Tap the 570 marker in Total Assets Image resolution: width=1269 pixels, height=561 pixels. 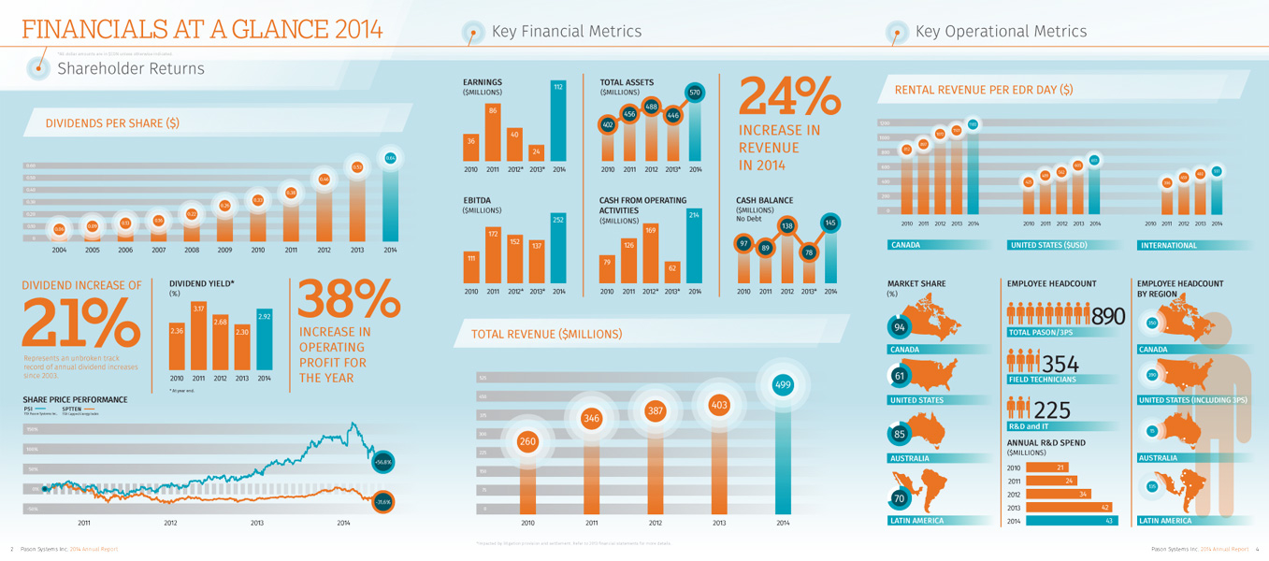pos(695,93)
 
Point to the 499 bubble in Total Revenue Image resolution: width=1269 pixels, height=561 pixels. pos(783,384)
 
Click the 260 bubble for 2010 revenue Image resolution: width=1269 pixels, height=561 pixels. pos(527,441)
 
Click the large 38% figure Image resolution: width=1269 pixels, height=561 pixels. pos(349,300)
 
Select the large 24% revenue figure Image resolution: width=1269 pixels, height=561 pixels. pos(789,97)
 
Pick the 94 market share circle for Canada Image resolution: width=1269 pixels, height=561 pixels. pos(900,327)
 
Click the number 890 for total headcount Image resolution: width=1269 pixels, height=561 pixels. pos(1108,317)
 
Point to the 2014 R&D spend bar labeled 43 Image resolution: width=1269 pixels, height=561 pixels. pos(1072,521)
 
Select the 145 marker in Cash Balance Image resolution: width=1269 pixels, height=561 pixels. pos(829,223)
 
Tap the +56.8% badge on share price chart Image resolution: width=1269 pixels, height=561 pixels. pos(382,462)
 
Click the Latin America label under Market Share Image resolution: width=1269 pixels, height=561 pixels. pos(916,521)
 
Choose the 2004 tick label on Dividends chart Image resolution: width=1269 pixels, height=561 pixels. pos(60,251)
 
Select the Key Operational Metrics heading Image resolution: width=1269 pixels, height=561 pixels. pos(1001,32)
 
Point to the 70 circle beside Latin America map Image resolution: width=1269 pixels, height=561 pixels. pos(900,498)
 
